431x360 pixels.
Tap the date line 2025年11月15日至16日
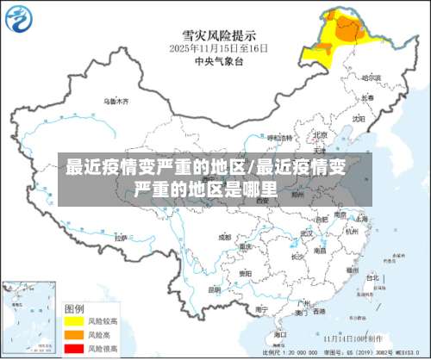click(218, 49)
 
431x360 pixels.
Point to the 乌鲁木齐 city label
click(116, 101)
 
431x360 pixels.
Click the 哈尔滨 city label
click(372, 78)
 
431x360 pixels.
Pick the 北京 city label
click(320, 135)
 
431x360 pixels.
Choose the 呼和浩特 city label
click(279, 137)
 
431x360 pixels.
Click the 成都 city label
click(224, 236)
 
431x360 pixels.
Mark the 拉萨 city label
click(122, 239)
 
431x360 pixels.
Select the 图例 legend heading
click(74, 307)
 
